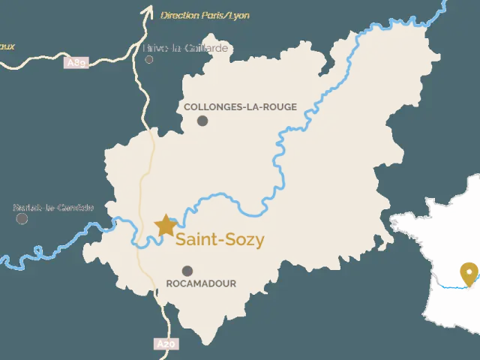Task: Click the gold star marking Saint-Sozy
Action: tap(165, 224)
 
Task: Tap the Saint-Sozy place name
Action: tap(220, 240)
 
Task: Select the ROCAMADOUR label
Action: tap(200, 283)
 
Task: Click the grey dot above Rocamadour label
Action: tap(187, 271)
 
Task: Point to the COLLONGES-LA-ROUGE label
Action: tap(240, 107)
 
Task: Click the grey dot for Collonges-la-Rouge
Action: tap(203, 120)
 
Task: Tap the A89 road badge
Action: tap(77, 63)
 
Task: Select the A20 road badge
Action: tap(166, 344)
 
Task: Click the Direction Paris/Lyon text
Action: tap(205, 15)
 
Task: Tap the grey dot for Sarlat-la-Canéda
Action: tap(22, 218)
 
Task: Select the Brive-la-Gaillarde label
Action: tap(185, 49)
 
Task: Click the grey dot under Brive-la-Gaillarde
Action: tap(149, 59)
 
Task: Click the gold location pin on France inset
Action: tap(469, 273)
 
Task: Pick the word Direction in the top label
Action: tap(179, 15)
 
